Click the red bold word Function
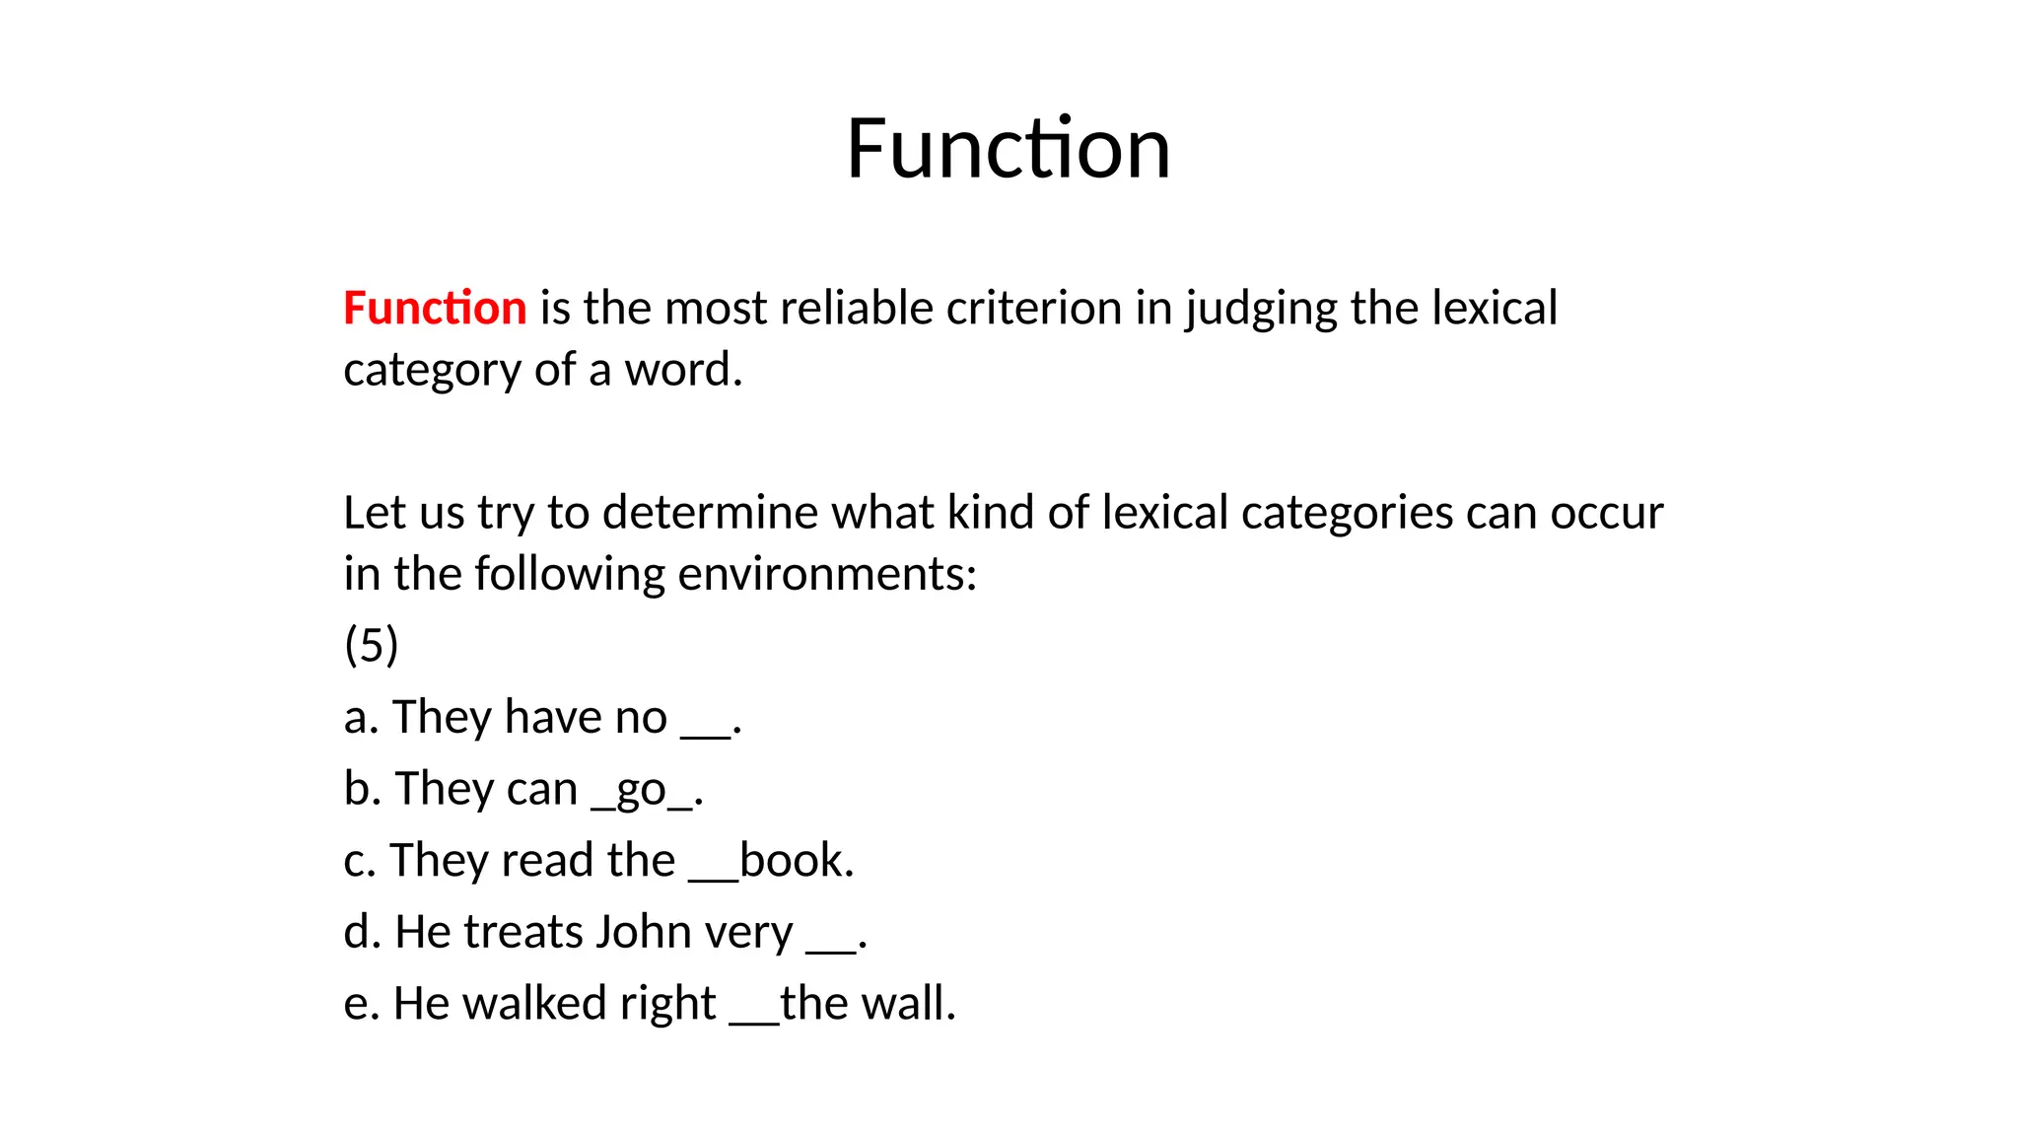tap(435, 308)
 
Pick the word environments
tap(826, 574)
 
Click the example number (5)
tap(371, 645)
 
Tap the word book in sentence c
tap(795, 860)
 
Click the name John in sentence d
tap(643, 932)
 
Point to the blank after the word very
tap(831, 948)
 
